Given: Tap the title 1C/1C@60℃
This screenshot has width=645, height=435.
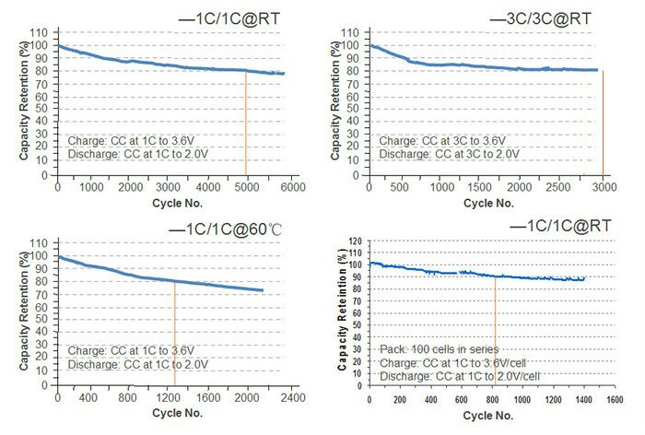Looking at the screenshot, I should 217,227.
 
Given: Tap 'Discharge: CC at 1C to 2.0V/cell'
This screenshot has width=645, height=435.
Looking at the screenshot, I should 460,376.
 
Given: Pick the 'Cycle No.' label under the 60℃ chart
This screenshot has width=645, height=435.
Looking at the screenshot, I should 175,414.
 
